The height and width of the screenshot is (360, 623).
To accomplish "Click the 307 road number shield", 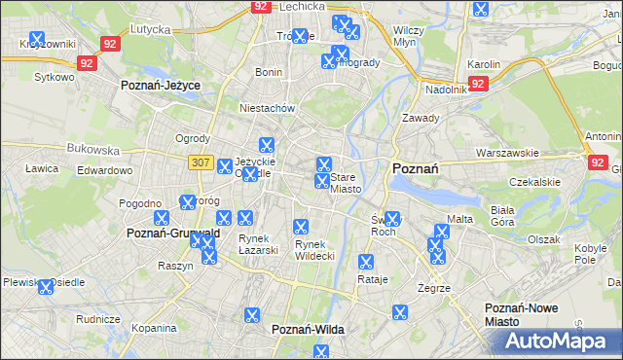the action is pos(201,162).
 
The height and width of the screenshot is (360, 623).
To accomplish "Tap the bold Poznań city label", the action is pos(415,168).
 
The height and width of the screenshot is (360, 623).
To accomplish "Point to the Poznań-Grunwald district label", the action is pos(173,234).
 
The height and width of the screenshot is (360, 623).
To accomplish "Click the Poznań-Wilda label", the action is pos(308,330).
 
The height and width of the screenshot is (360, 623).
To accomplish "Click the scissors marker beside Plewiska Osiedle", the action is pos(45,288).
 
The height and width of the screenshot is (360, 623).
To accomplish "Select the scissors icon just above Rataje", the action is pos(366,262).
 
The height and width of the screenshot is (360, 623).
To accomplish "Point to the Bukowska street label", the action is pos(92,151).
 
